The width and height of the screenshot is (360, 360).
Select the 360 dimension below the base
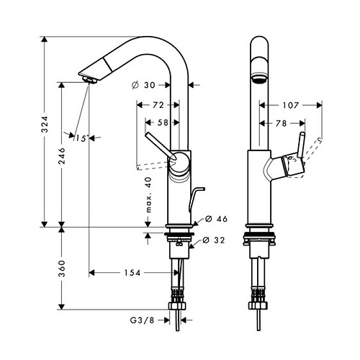[x=62, y=271]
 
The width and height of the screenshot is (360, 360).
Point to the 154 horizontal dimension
[x=130, y=273]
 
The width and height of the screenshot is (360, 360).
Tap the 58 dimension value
[x=162, y=123]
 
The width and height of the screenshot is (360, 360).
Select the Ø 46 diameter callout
[x=217, y=218]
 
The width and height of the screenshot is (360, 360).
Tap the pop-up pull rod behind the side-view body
[x=192, y=197]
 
